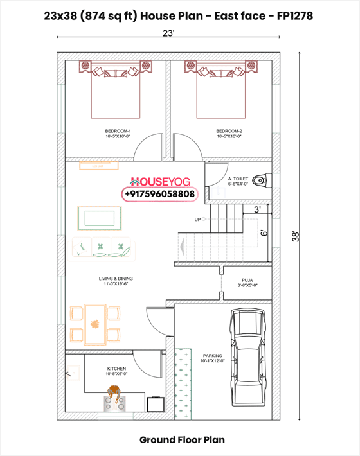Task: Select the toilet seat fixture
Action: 260,179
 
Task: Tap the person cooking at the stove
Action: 114,394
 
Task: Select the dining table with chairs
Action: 94,324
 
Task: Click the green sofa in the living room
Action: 102,248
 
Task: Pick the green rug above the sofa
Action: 98,217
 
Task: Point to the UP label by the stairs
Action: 198,220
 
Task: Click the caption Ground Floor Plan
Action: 182,440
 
